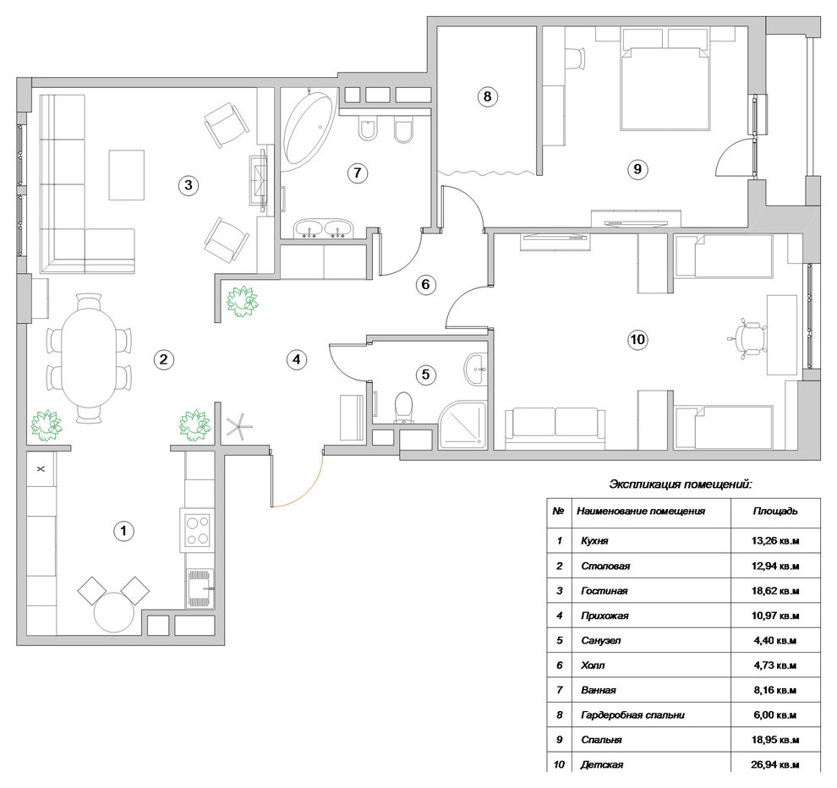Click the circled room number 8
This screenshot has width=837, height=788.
pyautogui.click(x=487, y=96)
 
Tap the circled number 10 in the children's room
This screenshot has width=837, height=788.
pyautogui.click(x=637, y=340)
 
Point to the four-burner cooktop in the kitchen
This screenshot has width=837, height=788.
pyautogui.click(x=197, y=530)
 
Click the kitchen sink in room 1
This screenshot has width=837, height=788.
pyautogui.click(x=200, y=588)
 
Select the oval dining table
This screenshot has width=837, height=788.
pyautogui.click(x=90, y=358)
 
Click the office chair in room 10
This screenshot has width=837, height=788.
pyautogui.click(x=748, y=337)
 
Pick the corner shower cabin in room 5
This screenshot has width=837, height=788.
pyautogui.click(x=462, y=425)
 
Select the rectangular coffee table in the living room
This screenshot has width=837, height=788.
pyautogui.click(x=127, y=174)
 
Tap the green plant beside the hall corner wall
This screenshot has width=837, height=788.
pyautogui.click(x=243, y=301)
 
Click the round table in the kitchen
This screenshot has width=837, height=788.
pyautogui.click(x=113, y=612)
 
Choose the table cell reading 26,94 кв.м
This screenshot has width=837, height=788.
pyautogui.click(x=775, y=764)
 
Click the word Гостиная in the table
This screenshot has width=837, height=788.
pyautogui.click(x=604, y=590)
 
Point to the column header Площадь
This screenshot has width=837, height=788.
pyautogui.click(x=775, y=511)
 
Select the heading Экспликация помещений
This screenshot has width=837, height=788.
pyautogui.click(x=681, y=484)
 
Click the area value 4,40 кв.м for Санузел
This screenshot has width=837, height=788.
pyautogui.click(x=775, y=640)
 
